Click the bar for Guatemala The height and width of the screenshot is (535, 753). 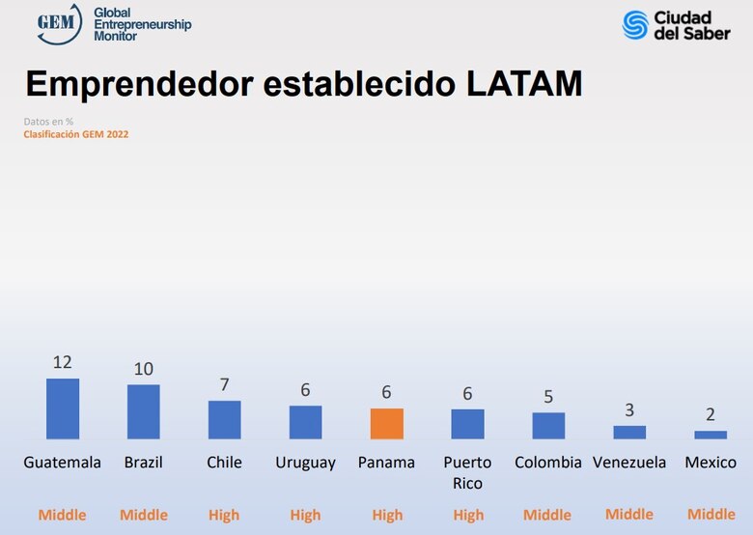[63, 408]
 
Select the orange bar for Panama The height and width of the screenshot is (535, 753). [386, 424]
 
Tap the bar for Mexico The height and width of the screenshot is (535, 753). [711, 435]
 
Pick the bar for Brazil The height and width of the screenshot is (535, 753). [144, 411]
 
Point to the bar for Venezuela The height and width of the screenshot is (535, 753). [629, 432]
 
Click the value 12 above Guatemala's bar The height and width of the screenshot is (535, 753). [63, 362]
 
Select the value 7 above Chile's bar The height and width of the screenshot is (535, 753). [224, 384]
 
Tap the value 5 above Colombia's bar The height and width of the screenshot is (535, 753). [548, 396]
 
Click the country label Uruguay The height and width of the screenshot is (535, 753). [305, 463]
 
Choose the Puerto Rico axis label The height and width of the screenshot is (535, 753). [467, 472]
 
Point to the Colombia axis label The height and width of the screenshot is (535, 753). [548, 463]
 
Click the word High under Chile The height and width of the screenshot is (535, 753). [224, 515]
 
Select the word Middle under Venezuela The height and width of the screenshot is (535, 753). [629, 515]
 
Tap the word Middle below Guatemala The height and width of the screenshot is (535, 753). [63, 515]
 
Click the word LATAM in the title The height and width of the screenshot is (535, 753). [524, 84]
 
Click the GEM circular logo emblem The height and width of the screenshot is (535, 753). [59, 24]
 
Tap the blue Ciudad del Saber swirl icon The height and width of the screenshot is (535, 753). [635, 24]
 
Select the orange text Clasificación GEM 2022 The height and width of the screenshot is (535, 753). [76, 134]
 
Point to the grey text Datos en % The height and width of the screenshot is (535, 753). [48, 122]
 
